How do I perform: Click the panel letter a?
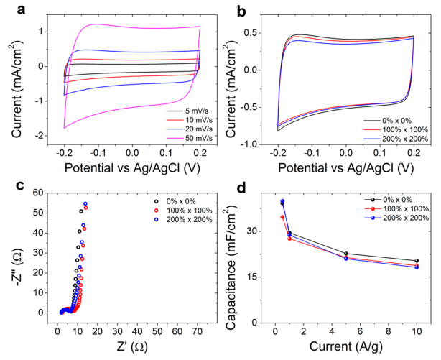click(x=9, y=9)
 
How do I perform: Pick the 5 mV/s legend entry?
click(x=186, y=111)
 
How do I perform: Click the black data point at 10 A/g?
click(x=417, y=261)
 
